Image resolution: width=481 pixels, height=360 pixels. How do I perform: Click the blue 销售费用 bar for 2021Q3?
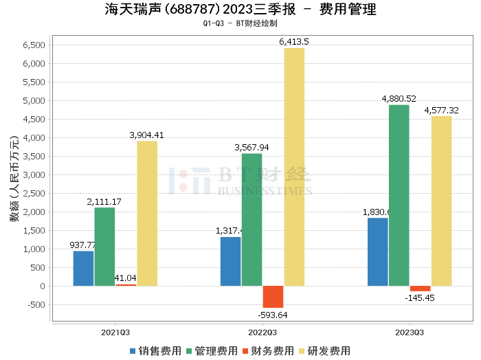[x=83, y=268]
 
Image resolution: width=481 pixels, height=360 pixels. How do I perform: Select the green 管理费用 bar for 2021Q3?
[x=104, y=246]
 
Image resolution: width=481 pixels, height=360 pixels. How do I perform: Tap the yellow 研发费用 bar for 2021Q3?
[x=147, y=213]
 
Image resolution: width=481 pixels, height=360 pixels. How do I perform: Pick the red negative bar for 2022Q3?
[x=273, y=296]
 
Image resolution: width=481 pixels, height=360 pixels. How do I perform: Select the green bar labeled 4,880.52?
[x=399, y=195]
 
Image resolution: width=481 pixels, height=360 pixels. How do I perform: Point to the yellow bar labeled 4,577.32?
[x=441, y=201]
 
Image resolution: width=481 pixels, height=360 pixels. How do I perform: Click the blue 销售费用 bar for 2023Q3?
[x=377, y=251]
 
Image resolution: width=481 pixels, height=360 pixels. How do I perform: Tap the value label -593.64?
[x=273, y=315]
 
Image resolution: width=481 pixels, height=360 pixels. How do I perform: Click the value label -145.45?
[x=420, y=298]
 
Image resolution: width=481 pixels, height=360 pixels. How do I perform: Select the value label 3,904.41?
[x=146, y=135]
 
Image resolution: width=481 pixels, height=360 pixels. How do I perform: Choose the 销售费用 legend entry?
[x=155, y=350]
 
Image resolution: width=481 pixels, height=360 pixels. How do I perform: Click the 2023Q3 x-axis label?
[x=409, y=332]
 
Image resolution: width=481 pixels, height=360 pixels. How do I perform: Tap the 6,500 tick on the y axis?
[x=34, y=45]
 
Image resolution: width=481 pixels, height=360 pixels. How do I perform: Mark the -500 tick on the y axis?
[x=34, y=305]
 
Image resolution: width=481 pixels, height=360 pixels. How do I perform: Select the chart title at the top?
[x=240, y=10]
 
